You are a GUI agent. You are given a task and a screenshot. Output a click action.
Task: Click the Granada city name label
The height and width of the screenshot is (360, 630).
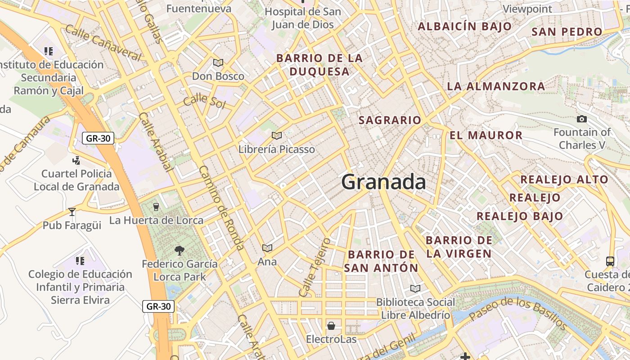click(x=383, y=182)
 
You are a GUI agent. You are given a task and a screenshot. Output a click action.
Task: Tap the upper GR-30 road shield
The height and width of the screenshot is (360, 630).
click(x=98, y=138)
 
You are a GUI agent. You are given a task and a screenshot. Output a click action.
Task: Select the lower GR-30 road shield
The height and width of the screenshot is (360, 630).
click(x=158, y=306)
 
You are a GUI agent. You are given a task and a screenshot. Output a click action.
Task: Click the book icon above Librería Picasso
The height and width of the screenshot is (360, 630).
click(x=277, y=135)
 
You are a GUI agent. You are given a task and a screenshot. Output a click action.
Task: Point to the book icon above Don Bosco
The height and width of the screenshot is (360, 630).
click(x=218, y=63)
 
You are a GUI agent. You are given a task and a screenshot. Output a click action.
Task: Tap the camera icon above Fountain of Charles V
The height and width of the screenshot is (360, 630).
click(x=582, y=119)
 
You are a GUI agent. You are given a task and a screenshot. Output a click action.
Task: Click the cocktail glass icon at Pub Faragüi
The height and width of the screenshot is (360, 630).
click(x=72, y=211)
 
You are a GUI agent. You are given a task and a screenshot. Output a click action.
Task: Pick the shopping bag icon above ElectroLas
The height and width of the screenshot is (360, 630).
click(x=331, y=325)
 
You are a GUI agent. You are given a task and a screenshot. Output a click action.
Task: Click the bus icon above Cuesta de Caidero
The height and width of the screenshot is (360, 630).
click(x=610, y=261)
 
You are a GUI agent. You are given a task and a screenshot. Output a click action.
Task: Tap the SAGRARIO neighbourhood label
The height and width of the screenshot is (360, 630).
click(x=390, y=120)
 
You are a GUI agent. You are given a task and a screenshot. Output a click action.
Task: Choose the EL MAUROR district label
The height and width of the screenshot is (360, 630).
click(x=486, y=135)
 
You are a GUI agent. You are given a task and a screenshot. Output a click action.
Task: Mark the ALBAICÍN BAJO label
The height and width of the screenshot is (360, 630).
click(x=465, y=26)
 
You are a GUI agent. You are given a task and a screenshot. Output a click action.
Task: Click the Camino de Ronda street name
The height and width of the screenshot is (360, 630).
click(x=221, y=208)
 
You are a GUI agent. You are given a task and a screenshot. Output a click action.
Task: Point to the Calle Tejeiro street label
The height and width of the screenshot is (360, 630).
click(x=315, y=267)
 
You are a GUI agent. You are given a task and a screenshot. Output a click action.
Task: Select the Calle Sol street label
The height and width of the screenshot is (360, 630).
click(x=204, y=101)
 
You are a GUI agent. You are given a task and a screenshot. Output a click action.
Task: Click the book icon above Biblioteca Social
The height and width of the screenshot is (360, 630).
click(x=415, y=288)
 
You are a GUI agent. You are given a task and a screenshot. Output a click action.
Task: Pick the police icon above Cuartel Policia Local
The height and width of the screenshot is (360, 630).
click(x=76, y=160)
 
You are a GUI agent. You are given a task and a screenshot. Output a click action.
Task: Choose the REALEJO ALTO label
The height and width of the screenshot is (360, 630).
click(x=564, y=180)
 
